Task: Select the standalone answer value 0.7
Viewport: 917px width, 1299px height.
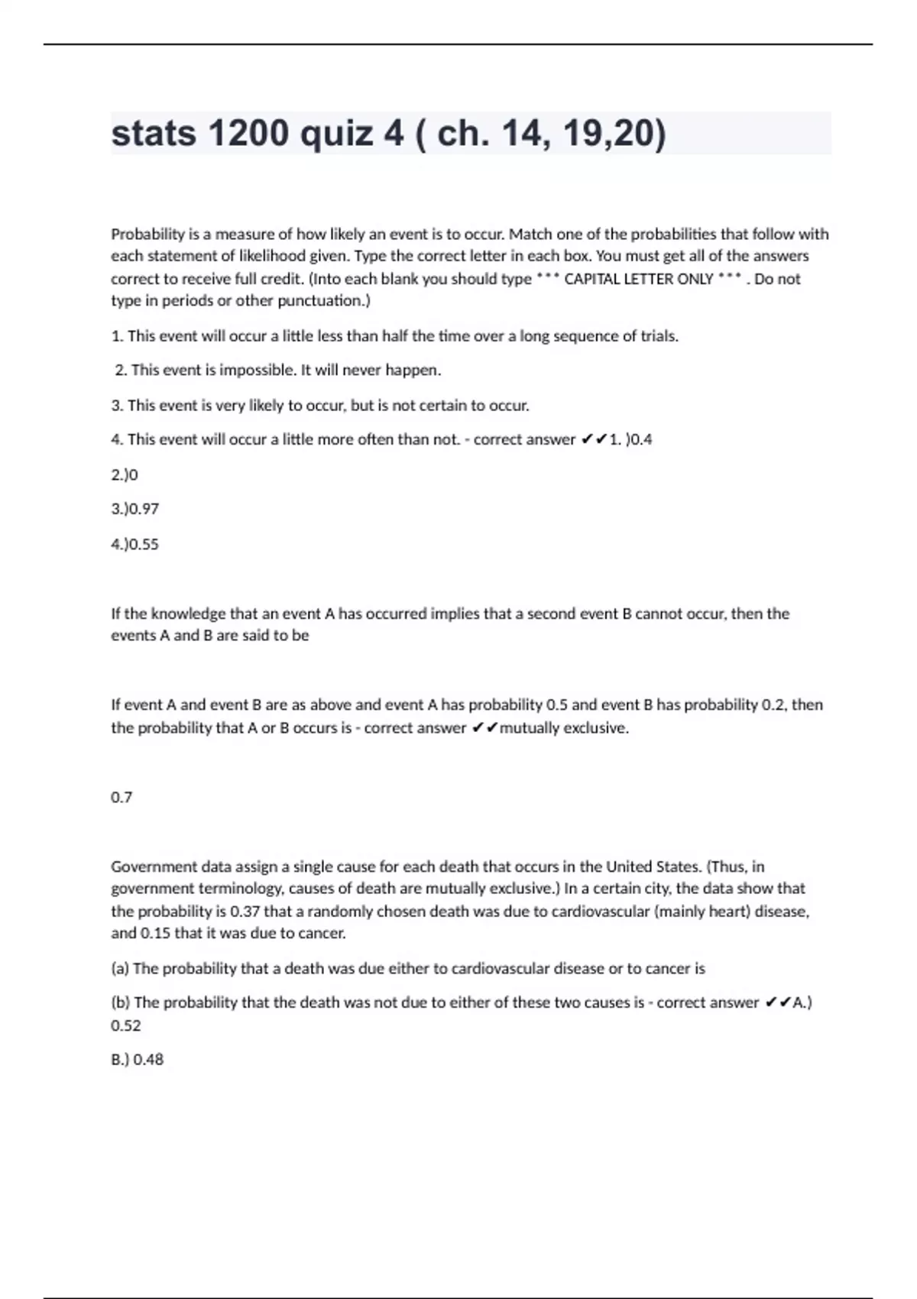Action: pyautogui.click(x=122, y=797)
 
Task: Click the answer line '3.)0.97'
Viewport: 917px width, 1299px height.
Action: pyautogui.click(x=135, y=509)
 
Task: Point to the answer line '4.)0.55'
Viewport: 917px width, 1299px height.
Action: pyautogui.click(x=135, y=544)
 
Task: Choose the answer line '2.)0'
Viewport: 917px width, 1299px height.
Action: pyautogui.click(x=125, y=475)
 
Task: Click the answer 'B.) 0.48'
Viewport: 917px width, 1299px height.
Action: pyautogui.click(x=138, y=1060)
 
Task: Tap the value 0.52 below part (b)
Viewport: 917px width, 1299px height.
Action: pyautogui.click(x=126, y=1025)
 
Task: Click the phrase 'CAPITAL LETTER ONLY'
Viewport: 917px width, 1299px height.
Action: pyautogui.click(x=638, y=279)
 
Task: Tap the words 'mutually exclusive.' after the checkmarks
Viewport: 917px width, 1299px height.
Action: pyautogui.click(x=564, y=728)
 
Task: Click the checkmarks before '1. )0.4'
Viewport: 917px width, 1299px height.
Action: pyautogui.click(x=594, y=439)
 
